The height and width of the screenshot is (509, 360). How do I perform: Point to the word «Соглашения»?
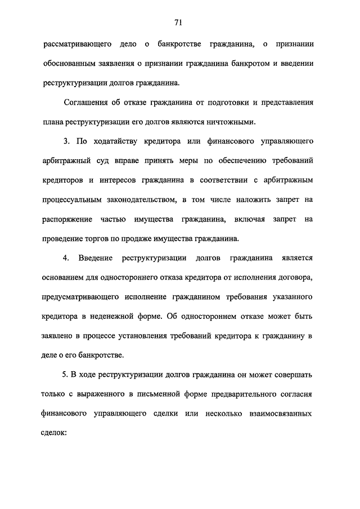(92, 103)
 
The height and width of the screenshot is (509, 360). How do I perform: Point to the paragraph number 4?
(66, 258)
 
